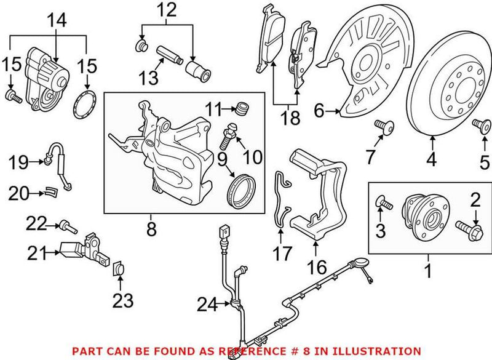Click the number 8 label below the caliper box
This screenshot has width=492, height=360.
[151, 229]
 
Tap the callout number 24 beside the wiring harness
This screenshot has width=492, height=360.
[207, 303]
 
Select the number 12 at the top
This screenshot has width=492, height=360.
[166, 9]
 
